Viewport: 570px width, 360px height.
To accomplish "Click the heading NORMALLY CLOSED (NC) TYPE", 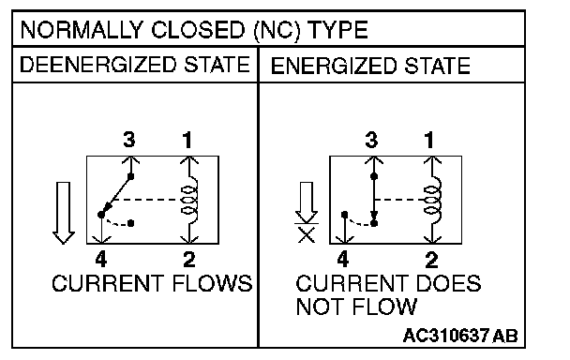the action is pos(194,30).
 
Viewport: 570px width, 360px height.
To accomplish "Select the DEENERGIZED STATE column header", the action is pos(135,65).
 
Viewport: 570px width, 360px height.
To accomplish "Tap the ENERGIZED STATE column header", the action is pos(370,66).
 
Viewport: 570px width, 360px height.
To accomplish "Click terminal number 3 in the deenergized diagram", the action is pos(129,140).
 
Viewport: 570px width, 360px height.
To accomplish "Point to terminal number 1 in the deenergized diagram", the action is pos(187,140).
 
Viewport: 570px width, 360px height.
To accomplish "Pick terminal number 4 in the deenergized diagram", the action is pos(101,260).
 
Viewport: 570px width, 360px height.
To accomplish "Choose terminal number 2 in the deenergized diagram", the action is pos(189,260).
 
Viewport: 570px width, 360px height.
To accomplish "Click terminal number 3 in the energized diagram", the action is pos(371,140).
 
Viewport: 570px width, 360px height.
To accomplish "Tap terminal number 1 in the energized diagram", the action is pos(429,140).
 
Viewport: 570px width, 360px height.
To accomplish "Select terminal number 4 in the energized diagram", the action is pos(343,260).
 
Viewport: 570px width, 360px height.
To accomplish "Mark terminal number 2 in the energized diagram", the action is pos(431,260).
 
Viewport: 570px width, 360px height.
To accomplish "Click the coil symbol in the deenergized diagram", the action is pos(190,200).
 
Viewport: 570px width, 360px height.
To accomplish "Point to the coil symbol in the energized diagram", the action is pos(433,200).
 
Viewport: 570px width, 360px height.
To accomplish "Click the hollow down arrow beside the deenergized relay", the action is pos(64,213).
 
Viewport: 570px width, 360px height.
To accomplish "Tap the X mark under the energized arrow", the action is pos(307,235).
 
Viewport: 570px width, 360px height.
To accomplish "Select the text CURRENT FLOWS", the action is pos(152,283).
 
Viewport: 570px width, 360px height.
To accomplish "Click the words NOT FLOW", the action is pos(356,307).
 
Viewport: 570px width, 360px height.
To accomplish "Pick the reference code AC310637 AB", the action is pos(460,336).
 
